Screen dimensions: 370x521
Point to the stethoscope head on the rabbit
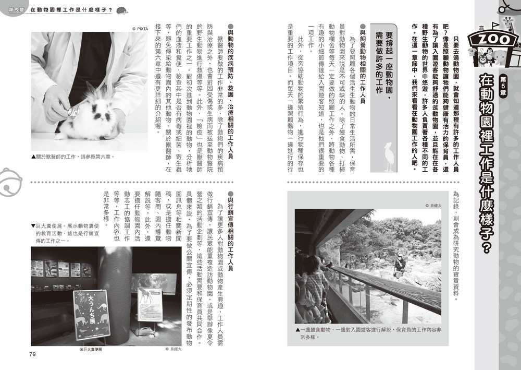click(x=73, y=110)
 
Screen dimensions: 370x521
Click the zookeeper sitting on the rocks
click(x=400, y=266)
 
